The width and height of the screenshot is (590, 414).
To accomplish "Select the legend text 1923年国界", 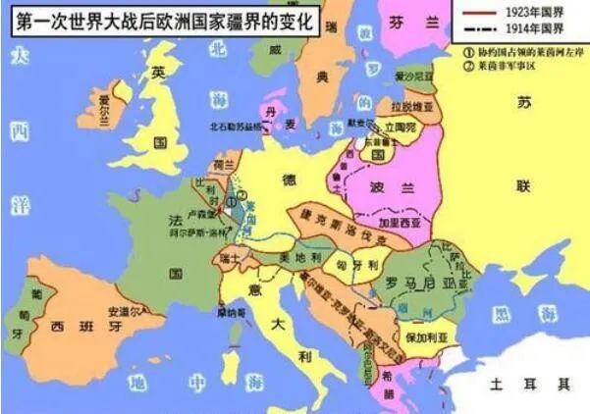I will pos(532,12).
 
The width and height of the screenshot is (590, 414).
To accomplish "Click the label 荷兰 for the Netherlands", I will pos(225,167).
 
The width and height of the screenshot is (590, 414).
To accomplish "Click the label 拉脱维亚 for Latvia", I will pos(407,103).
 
